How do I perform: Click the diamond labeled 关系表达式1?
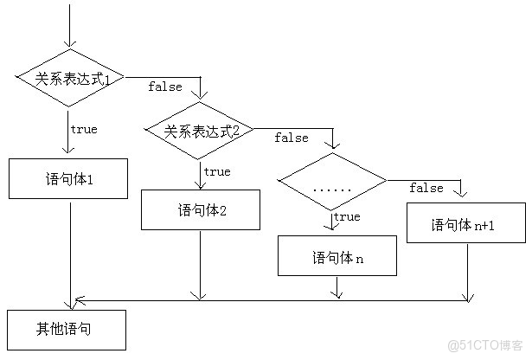click(x=70, y=79)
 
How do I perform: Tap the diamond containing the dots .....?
click(x=332, y=182)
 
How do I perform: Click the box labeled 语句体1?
click(x=68, y=179)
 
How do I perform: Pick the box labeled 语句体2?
click(x=201, y=209)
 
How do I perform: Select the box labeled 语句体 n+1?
click(x=466, y=224)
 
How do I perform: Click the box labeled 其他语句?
click(x=66, y=329)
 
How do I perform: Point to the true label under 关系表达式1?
click(x=83, y=130)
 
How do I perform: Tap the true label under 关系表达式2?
click(x=216, y=171)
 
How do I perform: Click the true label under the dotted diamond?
click(x=347, y=216)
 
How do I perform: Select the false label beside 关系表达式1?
click(x=164, y=86)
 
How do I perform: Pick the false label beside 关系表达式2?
click(x=292, y=138)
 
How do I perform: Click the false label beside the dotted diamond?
click(x=426, y=188)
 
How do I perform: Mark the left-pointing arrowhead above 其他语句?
click(x=80, y=299)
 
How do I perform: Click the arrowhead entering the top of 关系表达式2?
click(x=201, y=95)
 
